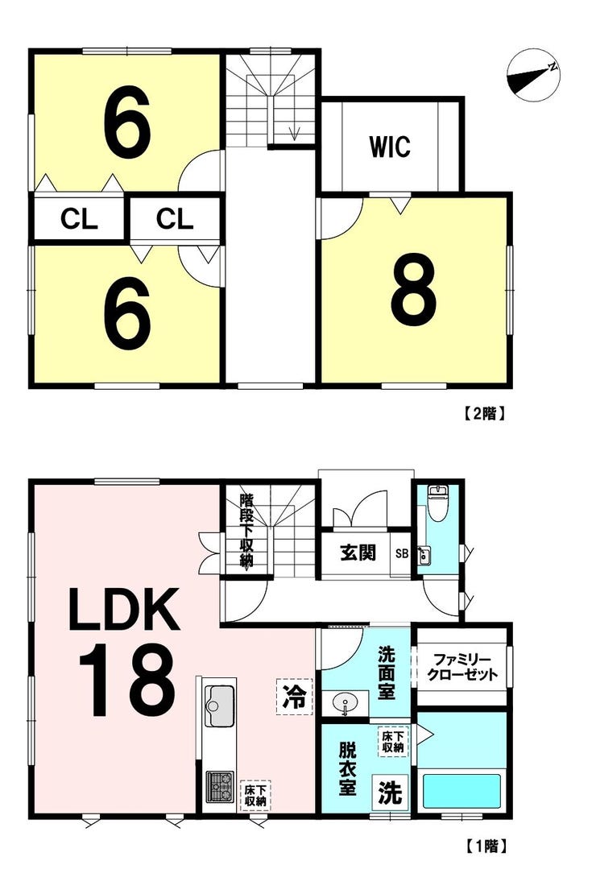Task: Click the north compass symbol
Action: [x=533, y=75]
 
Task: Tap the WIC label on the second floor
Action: [x=390, y=146]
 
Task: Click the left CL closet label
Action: [x=79, y=218]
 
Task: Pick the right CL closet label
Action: [x=175, y=218]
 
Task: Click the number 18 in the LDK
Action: [x=126, y=680]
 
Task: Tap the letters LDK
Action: [x=124, y=610]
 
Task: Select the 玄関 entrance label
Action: [x=358, y=552]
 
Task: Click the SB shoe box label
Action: [x=402, y=553]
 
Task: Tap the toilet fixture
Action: [x=437, y=503]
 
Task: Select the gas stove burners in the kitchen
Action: [x=220, y=786]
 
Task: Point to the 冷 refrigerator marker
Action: [x=295, y=696]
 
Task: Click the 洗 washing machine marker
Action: [x=391, y=793]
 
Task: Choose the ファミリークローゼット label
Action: [x=462, y=668]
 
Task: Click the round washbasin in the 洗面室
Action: [x=345, y=702]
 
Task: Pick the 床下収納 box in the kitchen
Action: [x=255, y=796]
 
